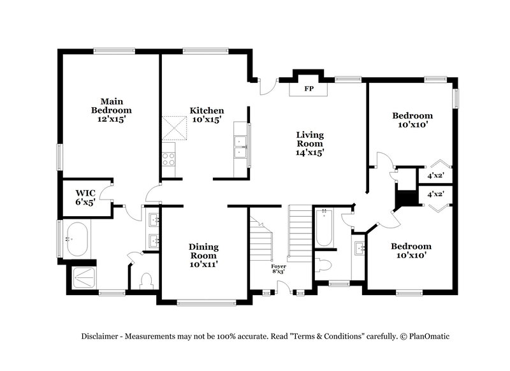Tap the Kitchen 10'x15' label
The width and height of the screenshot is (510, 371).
[207, 115]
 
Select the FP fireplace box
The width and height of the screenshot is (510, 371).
[309, 89]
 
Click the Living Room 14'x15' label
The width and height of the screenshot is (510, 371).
[310, 143]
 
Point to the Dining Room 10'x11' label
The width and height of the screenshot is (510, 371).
[203, 255]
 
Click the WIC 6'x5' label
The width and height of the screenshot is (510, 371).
[85, 197]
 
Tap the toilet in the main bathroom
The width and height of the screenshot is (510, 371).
[145, 280]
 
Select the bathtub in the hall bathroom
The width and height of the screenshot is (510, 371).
[324, 228]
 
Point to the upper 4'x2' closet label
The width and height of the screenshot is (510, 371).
[436, 175]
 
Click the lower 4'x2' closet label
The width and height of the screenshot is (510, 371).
[436, 194]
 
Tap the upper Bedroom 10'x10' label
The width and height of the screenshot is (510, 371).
[412, 120]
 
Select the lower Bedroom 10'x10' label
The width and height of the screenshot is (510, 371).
[411, 251]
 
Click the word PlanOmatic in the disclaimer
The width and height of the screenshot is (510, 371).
[434, 336]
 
